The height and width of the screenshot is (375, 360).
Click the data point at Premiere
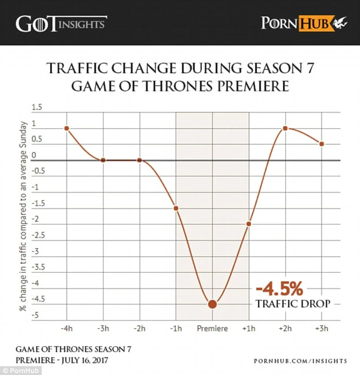point(212,304)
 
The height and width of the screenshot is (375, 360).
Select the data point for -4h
point(67,128)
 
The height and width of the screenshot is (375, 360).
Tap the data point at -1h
point(176,208)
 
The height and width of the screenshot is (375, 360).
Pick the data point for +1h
point(249,224)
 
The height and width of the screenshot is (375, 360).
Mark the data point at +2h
point(285,128)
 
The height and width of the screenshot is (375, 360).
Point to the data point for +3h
point(322,144)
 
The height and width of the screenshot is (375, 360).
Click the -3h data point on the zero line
point(103,160)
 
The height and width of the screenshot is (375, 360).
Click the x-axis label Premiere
point(212,328)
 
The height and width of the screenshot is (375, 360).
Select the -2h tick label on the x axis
point(139,328)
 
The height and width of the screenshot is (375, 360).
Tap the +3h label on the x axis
point(322,328)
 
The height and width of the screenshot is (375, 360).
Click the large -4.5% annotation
point(279,289)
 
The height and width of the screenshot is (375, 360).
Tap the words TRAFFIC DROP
point(293,304)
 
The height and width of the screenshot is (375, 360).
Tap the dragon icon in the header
point(340,22)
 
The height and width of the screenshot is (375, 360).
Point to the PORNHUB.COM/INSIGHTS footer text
point(300,361)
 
